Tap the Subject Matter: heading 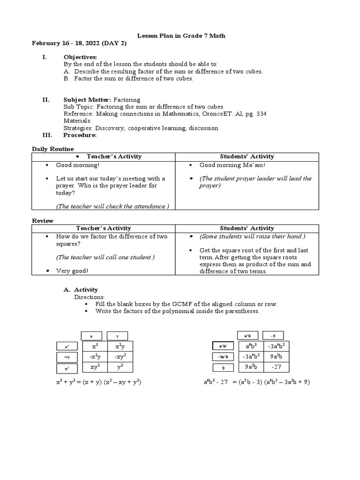87,100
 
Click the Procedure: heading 80,135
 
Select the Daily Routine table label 52,149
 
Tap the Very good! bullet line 72,270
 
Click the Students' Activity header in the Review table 247,228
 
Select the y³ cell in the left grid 120,367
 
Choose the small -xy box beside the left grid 67,357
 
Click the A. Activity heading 81,290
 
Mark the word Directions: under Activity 90,297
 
